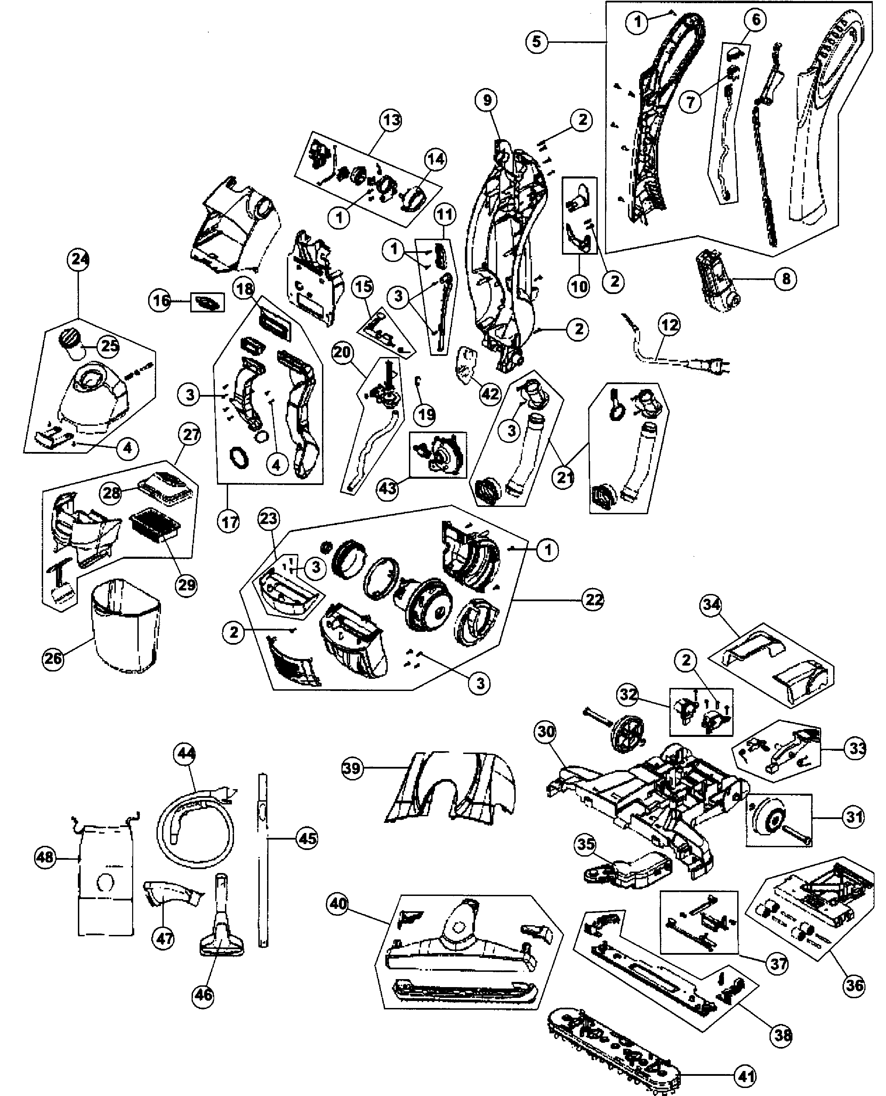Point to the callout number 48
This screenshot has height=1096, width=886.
[x=45, y=857]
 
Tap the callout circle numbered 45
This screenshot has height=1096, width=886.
[x=307, y=839]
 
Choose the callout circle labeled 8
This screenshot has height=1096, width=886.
[x=786, y=279]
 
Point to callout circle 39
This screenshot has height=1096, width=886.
[x=352, y=768]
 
